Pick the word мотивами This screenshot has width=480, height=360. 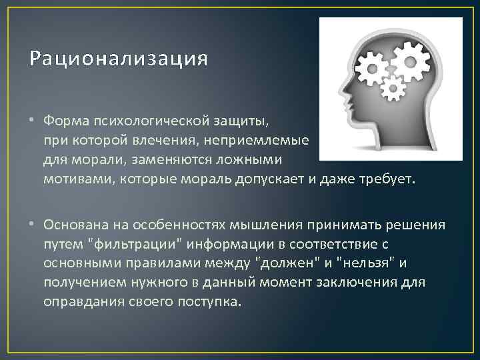point(73,179)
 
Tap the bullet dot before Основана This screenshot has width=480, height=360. point(33,225)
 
